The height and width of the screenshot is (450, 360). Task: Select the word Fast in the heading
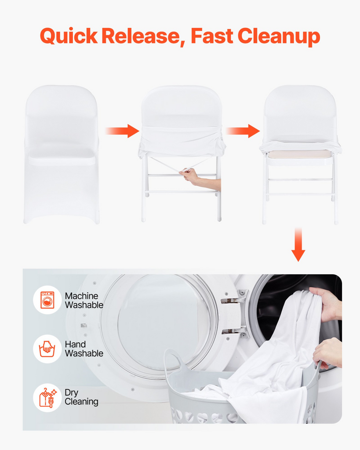(x=212, y=36)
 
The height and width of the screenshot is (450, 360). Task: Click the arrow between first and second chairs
(x=122, y=131)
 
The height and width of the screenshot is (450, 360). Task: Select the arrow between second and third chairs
(x=243, y=131)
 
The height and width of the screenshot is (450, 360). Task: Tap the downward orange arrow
(x=298, y=244)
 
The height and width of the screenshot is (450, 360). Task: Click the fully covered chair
(x=62, y=154)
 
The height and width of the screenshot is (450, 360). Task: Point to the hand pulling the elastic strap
(x=200, y=179)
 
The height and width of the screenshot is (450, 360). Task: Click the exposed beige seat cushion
(x=298, y=154)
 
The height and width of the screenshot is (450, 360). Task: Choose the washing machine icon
(x=47, y=300)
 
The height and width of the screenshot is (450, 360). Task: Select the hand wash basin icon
(x=47, y=348)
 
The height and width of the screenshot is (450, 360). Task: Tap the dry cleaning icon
(x=48, y=397)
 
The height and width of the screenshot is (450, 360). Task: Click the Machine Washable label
(x=84, y=300)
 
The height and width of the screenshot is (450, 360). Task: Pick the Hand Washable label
(x=84, y=348)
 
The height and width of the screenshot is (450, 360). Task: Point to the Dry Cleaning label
(x=81, y=397)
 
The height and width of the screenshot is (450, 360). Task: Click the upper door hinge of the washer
(x=234, y=297)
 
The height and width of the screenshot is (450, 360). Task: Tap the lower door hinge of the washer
(x=234, y=331)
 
